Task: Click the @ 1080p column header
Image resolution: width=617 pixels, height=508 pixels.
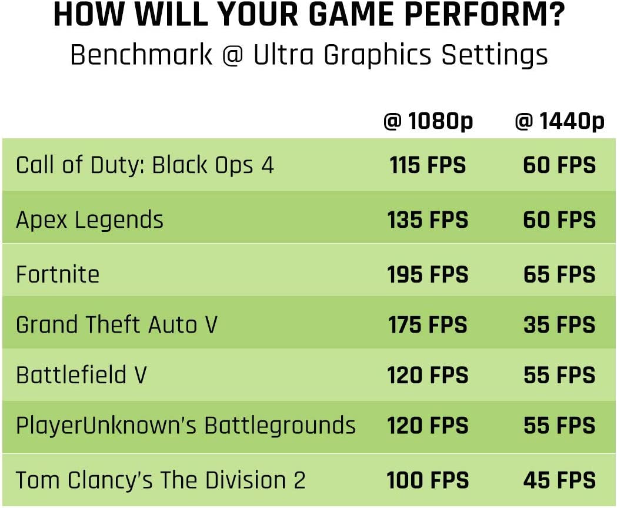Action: tap(428, 122)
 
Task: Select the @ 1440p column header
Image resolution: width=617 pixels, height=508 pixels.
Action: tap(559, 122)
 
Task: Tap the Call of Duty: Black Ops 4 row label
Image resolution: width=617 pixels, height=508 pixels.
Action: tap(145, 165)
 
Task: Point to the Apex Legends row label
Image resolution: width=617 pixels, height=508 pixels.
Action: tap(89, 220)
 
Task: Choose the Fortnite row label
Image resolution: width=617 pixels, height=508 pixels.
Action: tap(58, 274)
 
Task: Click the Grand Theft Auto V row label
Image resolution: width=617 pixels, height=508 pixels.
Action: tap(116, 325)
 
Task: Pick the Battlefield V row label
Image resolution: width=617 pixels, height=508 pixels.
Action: tap(81, 375)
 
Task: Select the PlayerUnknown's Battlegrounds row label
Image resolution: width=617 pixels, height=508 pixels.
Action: tap(185, 426)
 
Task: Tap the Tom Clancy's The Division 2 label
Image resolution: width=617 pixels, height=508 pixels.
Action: tap(161, 480)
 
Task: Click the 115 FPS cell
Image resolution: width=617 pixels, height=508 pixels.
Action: tap(428, 165)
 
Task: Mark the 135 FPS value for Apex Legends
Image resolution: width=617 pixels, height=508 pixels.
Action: tap(428, 220)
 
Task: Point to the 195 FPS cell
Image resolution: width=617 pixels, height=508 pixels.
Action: tap(428, 274)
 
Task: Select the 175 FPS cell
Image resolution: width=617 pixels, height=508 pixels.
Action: tap(428, 325)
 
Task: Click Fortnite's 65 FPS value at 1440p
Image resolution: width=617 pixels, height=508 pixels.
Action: tap(559, 274)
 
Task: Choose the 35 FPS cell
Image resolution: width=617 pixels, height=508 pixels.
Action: tap(559, 325)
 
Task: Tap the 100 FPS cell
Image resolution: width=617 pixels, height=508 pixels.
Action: tap(428, 480)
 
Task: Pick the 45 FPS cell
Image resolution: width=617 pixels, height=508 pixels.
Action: tap(559, 480)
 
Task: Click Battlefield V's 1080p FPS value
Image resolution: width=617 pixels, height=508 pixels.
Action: tap(428, 375)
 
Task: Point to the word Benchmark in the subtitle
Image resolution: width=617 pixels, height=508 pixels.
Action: tap(141, 55)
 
